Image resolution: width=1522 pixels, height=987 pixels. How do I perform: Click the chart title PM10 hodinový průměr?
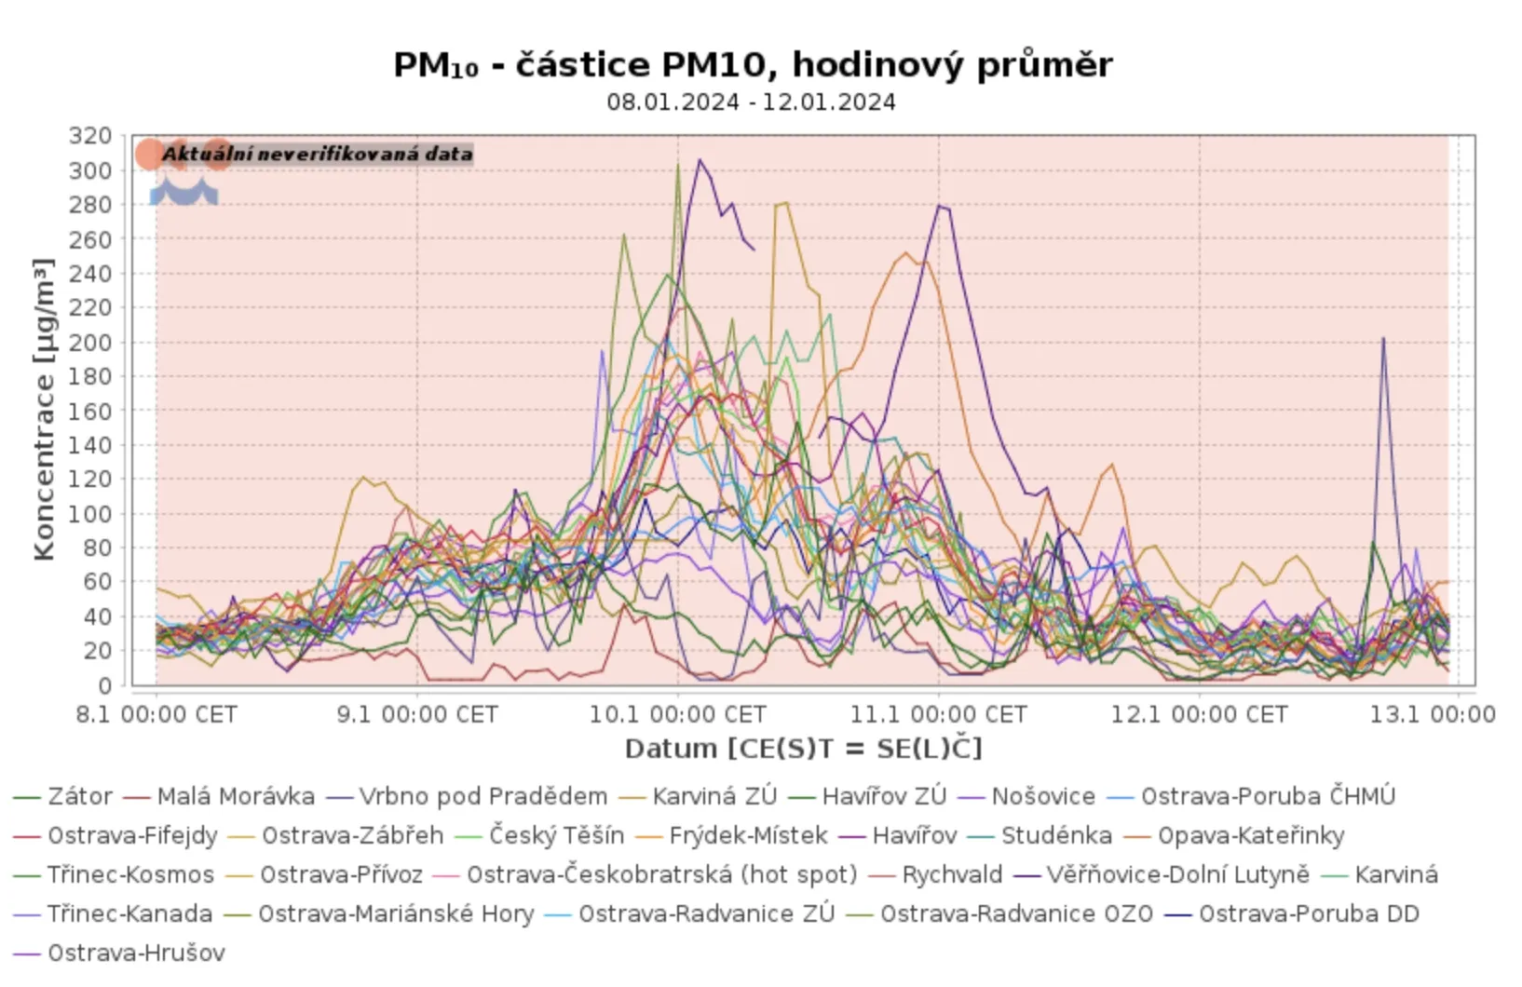753,65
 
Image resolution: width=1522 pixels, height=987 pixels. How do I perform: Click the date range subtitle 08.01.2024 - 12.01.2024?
751,101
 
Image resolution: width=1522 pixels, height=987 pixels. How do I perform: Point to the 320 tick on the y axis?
90,136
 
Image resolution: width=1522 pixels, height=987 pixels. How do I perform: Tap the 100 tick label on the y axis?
90,514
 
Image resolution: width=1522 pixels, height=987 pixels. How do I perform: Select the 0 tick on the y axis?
104,686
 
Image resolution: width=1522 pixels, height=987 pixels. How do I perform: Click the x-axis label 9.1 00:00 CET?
417,715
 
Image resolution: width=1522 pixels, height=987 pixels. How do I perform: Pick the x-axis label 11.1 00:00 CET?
938,715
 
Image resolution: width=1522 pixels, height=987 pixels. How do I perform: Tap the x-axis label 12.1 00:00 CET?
1199,715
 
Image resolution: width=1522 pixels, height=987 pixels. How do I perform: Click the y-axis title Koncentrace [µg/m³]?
44,410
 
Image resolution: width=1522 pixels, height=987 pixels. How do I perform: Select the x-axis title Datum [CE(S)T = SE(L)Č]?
803,749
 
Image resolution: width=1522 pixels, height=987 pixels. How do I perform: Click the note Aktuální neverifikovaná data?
317,155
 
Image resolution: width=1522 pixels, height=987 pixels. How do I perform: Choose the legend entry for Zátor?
79,797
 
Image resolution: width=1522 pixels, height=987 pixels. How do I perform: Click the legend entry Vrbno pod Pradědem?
482,797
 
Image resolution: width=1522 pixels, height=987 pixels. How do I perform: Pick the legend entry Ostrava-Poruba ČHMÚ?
1268,797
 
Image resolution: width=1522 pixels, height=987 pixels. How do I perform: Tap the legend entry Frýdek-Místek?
748,836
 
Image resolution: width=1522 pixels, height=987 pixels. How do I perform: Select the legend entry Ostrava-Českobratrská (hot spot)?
661,875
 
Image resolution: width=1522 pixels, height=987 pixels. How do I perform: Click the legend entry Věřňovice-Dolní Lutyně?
1177,875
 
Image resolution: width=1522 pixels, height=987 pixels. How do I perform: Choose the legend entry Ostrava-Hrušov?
136,953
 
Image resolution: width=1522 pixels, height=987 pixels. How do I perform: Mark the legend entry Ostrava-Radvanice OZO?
1016,914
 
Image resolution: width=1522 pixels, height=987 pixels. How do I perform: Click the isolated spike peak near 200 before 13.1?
1383,339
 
